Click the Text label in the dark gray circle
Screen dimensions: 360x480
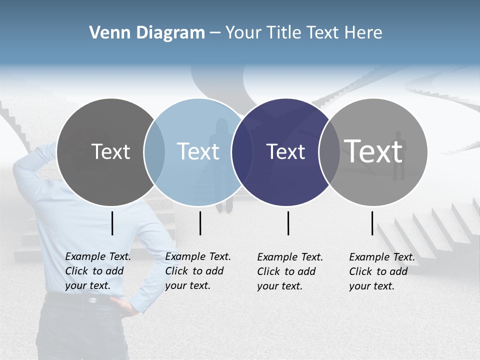110,151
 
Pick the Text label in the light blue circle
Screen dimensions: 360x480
198,151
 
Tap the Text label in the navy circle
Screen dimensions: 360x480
285,151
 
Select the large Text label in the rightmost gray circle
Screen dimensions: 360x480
373,151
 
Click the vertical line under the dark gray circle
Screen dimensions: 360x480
112,223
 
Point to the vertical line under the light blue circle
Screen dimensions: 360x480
200,223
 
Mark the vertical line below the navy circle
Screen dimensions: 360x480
288,223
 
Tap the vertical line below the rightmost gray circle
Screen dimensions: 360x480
372,223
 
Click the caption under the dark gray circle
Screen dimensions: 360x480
97,271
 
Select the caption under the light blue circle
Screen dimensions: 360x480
197,271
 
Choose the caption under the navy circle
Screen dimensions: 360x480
289,271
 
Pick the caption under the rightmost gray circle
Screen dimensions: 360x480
381,271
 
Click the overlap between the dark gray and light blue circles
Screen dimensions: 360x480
154,151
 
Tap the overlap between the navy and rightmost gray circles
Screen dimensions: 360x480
329,151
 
